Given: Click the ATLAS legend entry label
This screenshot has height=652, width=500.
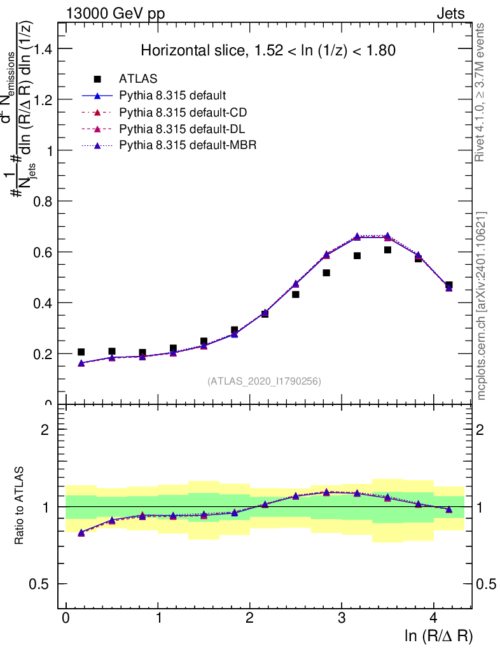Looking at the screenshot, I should pos(138,79).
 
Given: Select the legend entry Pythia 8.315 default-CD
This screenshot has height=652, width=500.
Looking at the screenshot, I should pos(183,113).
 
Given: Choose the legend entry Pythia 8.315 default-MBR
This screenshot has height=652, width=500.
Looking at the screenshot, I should pos(188,146).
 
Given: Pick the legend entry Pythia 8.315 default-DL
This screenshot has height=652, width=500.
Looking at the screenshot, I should pos(183,129).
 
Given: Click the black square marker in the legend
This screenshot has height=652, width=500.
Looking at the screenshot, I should pos(98,79).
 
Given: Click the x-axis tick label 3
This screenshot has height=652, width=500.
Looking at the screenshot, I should pos(342,619).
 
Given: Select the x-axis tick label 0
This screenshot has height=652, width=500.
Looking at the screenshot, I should pos(66,619).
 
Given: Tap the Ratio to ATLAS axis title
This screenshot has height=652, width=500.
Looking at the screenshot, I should pos(20,506).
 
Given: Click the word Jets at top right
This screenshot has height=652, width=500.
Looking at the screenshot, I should pos(450,14).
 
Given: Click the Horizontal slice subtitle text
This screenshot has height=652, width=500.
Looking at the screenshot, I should pos(268,50).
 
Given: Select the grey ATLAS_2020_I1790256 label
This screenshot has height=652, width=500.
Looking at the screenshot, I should pos(264,381).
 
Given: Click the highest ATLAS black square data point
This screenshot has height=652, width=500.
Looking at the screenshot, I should pos(387,250).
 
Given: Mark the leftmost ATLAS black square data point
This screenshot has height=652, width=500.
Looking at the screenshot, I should pos(81,351).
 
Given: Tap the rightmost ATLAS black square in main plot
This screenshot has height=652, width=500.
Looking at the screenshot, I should pos(448,285).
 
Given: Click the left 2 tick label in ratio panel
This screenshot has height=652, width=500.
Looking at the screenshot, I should pos(45,430).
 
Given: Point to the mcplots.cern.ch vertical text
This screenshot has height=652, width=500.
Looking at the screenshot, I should pos(482,306).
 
